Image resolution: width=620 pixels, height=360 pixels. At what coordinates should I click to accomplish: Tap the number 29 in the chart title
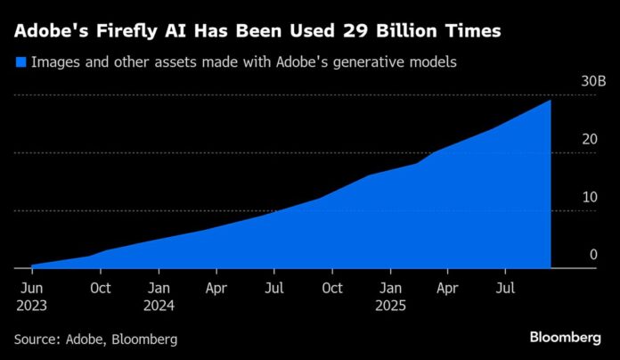[x=354, y=32]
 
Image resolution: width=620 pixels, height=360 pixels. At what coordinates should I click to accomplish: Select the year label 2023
[x=31, y=305]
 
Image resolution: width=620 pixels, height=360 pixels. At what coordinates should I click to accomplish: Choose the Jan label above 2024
[x=159, y=288]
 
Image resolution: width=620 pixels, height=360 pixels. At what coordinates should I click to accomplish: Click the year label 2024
[x=160, y=305]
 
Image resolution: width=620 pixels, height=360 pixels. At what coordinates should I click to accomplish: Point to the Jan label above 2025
[x=389, y=288]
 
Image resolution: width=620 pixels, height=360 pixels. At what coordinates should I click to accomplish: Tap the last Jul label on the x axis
[x=505, y=288]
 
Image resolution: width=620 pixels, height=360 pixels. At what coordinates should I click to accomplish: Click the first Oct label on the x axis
[x=101, y=288]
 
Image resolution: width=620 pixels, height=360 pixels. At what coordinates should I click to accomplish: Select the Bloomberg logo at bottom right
[x=565, y=338]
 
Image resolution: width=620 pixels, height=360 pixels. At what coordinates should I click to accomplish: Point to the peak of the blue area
[x=550, y=101]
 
